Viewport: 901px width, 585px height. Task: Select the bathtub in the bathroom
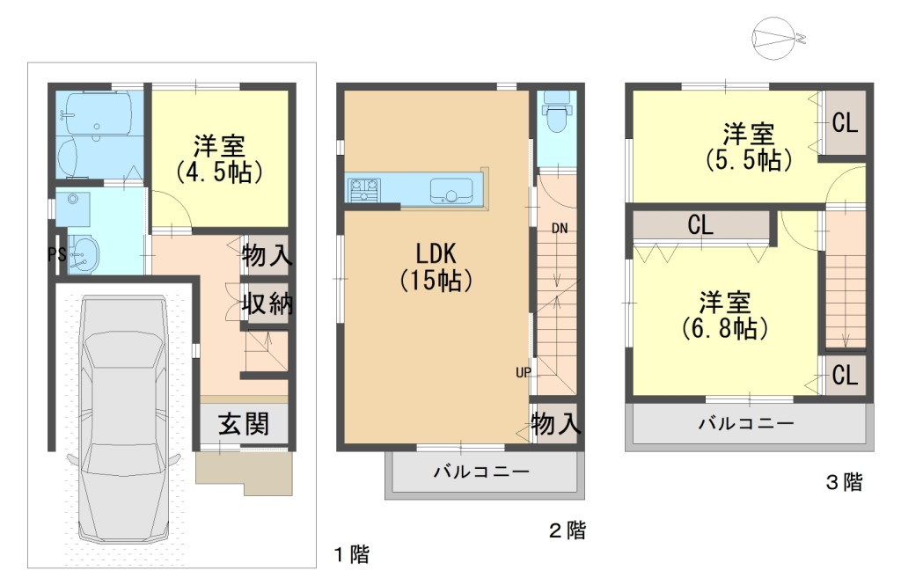click(x=98, y=113)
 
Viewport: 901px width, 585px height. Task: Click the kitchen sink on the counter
click(x=451, y=190)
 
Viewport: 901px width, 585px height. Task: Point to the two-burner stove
click(x=363, y=190)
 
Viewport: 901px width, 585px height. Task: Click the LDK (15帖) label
click(x=436, y=267)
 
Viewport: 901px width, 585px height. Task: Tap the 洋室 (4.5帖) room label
click(x=219, y=158)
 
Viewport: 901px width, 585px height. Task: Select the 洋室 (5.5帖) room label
click(x=749, y=147)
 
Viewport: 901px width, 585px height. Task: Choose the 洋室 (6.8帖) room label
click(x=725, y=315)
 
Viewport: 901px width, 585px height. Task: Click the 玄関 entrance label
click(x=244, y=425)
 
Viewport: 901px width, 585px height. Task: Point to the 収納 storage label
click(x=267, y=303)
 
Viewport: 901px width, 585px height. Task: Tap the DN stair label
click(x=560, y=228)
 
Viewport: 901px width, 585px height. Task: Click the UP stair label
click(x=524, y=372)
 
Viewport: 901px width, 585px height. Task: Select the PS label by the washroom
click(x=57, y=254)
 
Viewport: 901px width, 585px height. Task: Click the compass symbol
click(x=778, y=38)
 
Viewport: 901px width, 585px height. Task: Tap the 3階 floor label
click(x=845, y=481)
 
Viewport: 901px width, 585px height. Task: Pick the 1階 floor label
click(x=352, y=554)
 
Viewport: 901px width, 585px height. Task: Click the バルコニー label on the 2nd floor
click(x=481, y=472)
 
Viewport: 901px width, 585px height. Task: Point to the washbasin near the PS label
click(x=84, y=253)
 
